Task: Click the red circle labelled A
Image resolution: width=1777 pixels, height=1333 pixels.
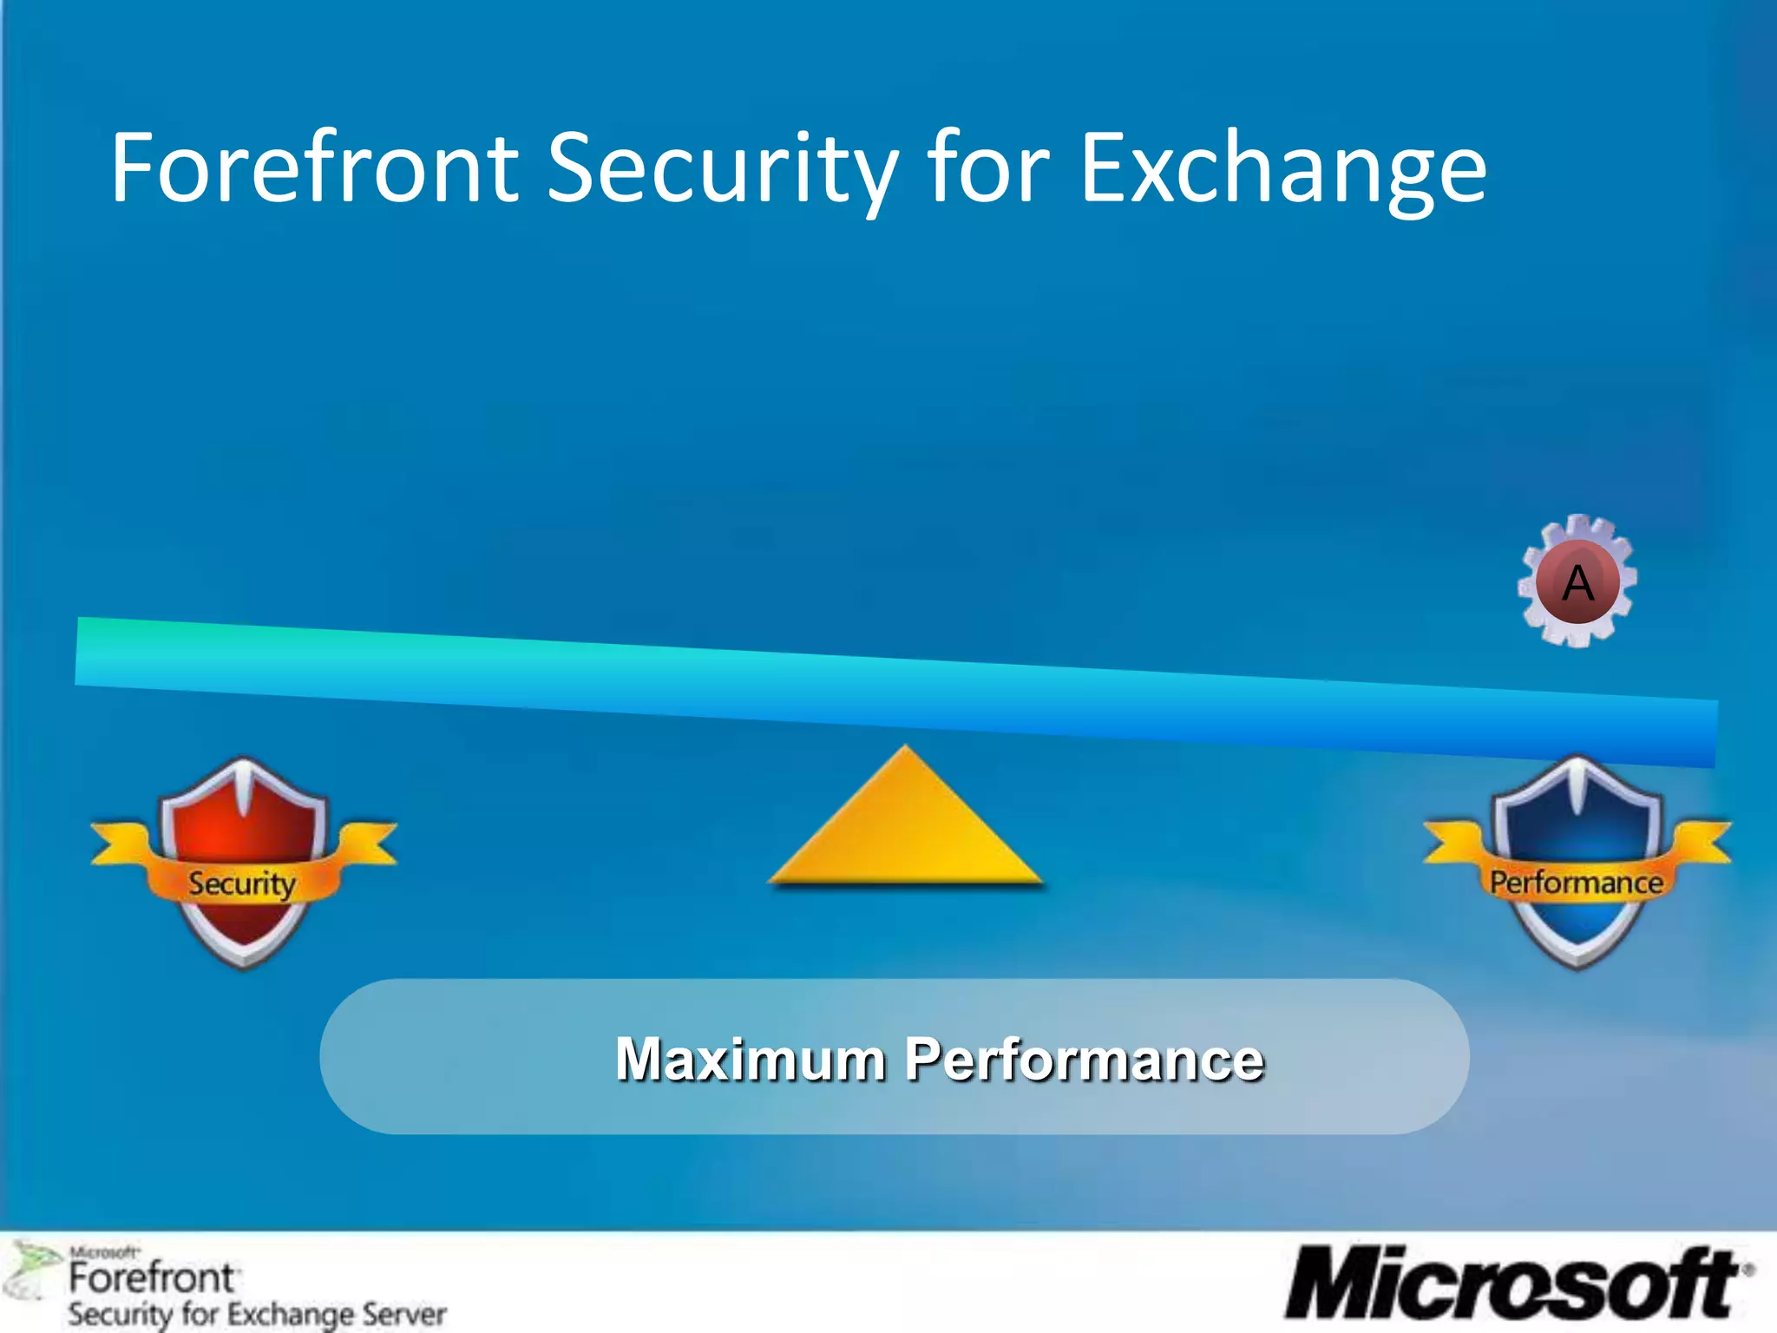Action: click(1577, 581)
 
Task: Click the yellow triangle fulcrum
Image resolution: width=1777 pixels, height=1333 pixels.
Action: click(905, 824)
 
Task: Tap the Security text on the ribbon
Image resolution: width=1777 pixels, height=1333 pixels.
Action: click(242, 884)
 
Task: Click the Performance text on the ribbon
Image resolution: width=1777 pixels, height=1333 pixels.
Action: click(1577, 883)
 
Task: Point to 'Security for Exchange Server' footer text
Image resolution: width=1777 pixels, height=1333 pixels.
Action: click(258, 1314)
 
